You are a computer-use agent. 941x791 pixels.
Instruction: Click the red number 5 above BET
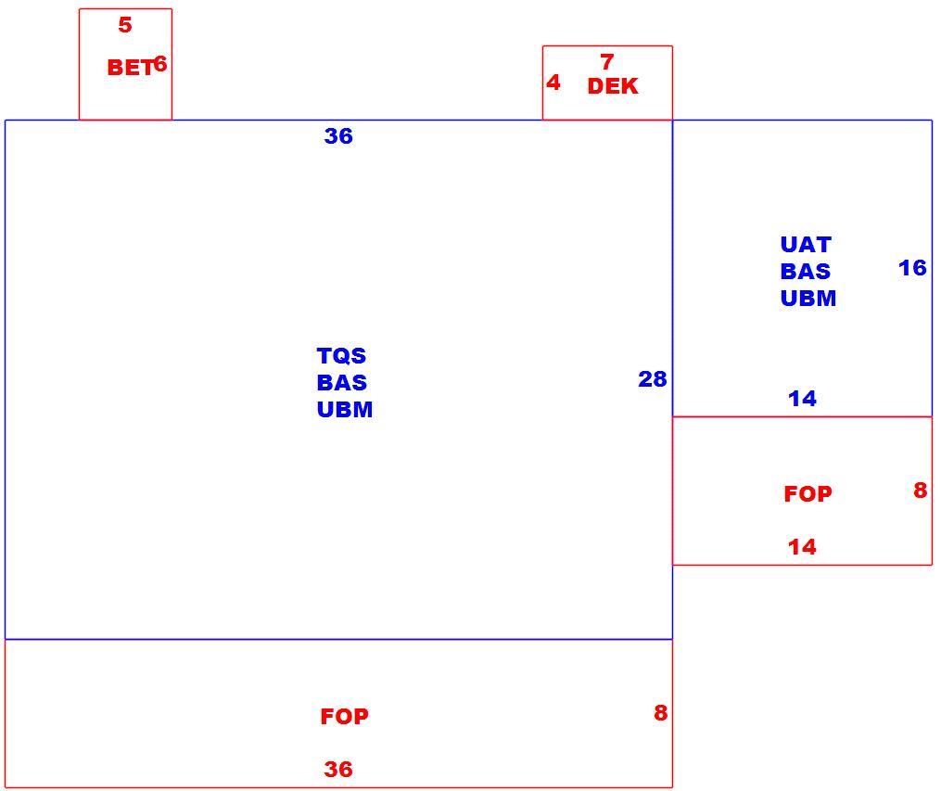click(125, 25)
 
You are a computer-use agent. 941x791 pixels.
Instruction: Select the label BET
click(131, 67)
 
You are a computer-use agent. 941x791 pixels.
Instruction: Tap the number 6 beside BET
click(160, 64)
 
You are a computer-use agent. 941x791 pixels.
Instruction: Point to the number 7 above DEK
click(606, 62)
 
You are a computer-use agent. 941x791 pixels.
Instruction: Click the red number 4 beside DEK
click(553, 83)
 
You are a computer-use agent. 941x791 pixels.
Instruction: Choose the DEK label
click(613, 86)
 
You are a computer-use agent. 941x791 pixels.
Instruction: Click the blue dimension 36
click(338, 136)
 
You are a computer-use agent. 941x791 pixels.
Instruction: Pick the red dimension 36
click(338, 769)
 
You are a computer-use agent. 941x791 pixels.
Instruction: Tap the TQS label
click(341, 355)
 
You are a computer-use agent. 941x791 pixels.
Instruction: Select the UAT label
click(806, 244)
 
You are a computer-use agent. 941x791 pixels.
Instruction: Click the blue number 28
click(653, 378)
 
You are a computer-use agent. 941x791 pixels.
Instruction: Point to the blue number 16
click(912, 268)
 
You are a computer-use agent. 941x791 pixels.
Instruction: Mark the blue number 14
click(802, 398)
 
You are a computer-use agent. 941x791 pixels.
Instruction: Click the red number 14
click(802, 547)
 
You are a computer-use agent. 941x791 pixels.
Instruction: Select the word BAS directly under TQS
click(342, 382)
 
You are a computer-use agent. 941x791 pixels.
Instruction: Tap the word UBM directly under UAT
click(808, 299)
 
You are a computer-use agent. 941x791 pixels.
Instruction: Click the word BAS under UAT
click(806, 272)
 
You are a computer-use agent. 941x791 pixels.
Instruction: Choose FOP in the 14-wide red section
click(807, 494)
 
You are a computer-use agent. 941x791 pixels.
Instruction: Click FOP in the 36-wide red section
click(345, 716)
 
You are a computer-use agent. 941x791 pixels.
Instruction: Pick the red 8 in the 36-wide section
click(661, 712)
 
